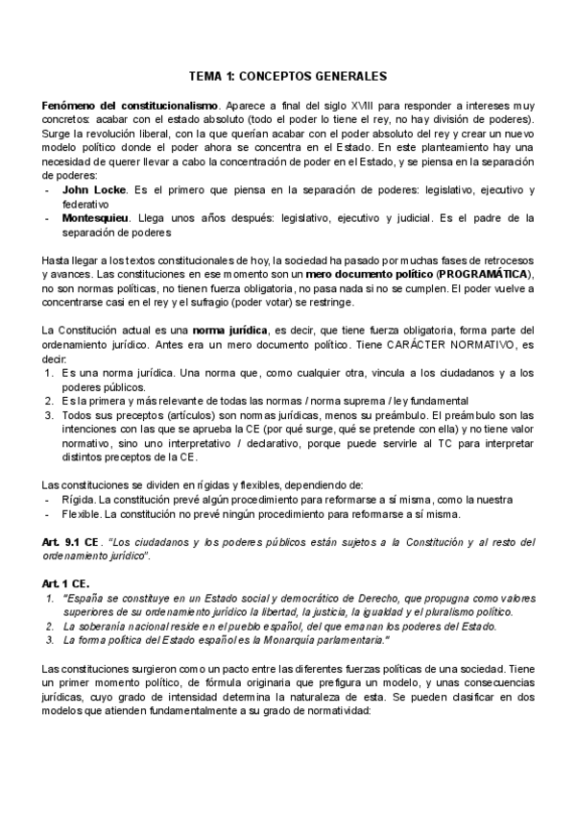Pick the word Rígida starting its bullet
77,500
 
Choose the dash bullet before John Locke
47,191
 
